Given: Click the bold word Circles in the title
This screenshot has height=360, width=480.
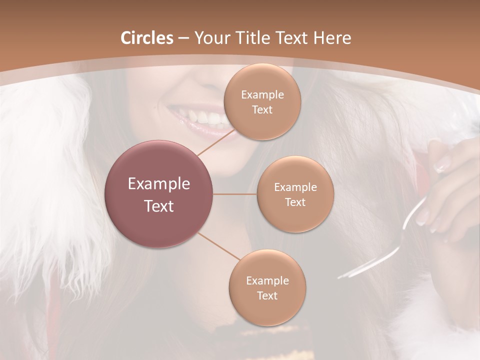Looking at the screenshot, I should coord(147,38).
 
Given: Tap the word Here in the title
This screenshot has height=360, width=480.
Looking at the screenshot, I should coord(333,38).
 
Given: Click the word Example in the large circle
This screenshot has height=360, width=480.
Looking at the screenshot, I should coord(159,184).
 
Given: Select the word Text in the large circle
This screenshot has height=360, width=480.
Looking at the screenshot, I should coord(159,206).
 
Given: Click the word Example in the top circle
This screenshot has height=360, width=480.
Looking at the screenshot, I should coord(262,95).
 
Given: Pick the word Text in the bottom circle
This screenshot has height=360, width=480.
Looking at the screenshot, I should coord(267,295).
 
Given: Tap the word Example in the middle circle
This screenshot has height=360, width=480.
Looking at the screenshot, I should coord(295,187).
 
